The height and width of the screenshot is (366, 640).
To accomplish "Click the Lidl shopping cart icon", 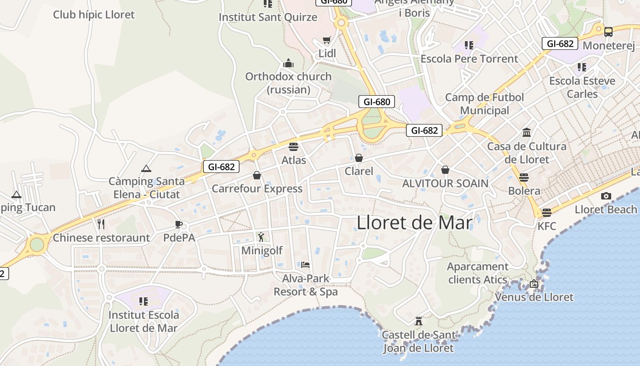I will tap(326, 40).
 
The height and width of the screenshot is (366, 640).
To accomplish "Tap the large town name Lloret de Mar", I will tap(414, 223).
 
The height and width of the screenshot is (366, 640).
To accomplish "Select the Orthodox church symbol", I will tap(288, 63).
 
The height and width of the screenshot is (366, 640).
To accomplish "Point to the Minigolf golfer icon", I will tap(261, 237).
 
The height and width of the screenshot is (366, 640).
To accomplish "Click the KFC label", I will tap(547, 226).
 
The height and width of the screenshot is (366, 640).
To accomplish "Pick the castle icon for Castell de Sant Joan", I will tap(418, 321).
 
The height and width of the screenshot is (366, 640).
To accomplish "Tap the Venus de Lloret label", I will tap(534, 297).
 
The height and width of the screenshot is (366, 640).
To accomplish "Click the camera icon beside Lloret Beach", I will tap(606, 196).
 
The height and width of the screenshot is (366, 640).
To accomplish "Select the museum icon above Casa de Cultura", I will tap(527, 133).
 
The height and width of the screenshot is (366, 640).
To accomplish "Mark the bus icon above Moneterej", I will tap(608, 32).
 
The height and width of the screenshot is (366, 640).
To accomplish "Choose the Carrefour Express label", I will tap(257, 188).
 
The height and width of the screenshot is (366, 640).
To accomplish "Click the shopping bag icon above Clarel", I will tap(359, 158).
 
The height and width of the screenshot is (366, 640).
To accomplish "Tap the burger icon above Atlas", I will tap(293, 147).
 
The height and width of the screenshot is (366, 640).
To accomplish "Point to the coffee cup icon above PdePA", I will tap(179, 224).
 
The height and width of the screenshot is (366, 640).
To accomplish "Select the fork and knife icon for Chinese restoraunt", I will tap(101, 224).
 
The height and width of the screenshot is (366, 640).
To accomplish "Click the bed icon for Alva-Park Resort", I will tap(305, 264).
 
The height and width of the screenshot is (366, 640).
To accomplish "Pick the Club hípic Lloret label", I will tap(94, 15).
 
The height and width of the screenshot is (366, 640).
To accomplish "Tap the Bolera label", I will tap(524, 191).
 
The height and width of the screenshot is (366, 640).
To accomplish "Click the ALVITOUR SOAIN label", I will tap(445, 183).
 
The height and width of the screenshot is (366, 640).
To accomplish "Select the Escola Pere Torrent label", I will tap(469, 59).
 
